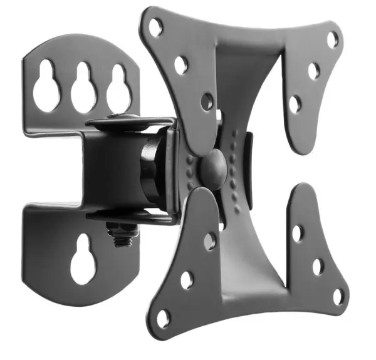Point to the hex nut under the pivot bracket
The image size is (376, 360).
tap(122, 234)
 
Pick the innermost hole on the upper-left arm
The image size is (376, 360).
tap(207, 100)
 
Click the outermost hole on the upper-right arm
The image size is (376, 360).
tap(333, 39)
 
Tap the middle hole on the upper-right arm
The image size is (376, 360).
tap(314, 71)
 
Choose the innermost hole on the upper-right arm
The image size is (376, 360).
tap(295, 103)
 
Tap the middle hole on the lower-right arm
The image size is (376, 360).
tap(318, 265)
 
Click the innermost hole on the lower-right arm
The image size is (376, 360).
tap(298, 233)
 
